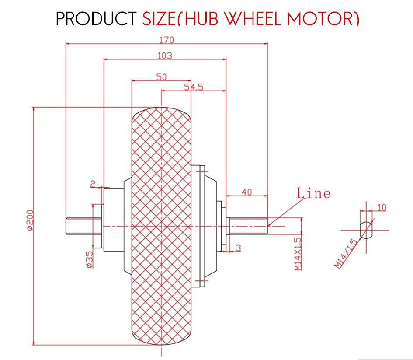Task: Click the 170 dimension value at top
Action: pyautogui.click(x=167, y=40)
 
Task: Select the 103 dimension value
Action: pyautogui.click(x=165, y=56)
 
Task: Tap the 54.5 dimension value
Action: pyautogui.click(x=194, y=87)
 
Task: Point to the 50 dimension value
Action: pyautogui.click(x=161, y=77)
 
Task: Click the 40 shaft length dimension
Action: pyautogui.click(x=246, y=192)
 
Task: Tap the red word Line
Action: pyautogui.click(x=313, y=193)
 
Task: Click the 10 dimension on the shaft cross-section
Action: pyautogui.click(x=382, y=207)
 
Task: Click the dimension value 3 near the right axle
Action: pyautogui.click(x=238, y=248)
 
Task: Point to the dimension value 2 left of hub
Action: pyautogui.click(x=93, y=184)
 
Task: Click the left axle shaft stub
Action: pyautogui.click(x=79, y=226)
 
